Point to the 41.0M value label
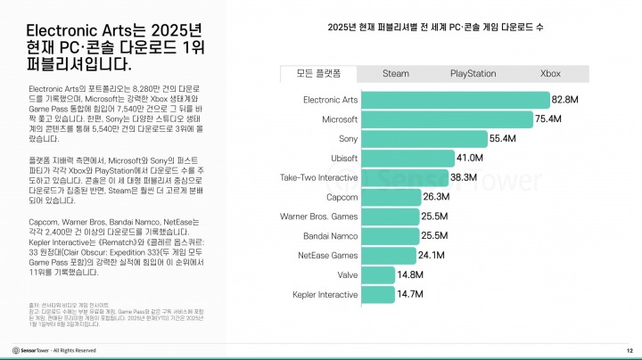coord(469,158)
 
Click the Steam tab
coord(396,73)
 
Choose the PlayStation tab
coord(473,73)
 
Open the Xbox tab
coord(550,73)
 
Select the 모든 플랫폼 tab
coord(318,73)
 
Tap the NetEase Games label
coord(327,255)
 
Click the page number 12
coord(629,350)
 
